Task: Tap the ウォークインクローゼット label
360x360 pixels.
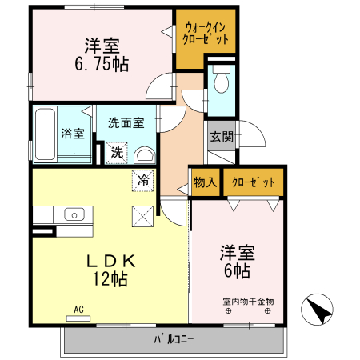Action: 206,31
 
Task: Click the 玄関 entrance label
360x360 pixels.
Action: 222,137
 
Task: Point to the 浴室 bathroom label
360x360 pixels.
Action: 72,134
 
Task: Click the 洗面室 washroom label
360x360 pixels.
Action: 126,123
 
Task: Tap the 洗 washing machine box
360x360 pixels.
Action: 117,152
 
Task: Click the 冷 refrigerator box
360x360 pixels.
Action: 142,181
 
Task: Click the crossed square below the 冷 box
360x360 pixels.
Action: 142,215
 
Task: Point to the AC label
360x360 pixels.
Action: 78,308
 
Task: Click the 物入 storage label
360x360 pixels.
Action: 205,183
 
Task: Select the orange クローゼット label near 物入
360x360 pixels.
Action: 253,183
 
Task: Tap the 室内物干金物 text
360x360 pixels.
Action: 248,302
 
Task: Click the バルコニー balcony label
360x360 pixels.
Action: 174,339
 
